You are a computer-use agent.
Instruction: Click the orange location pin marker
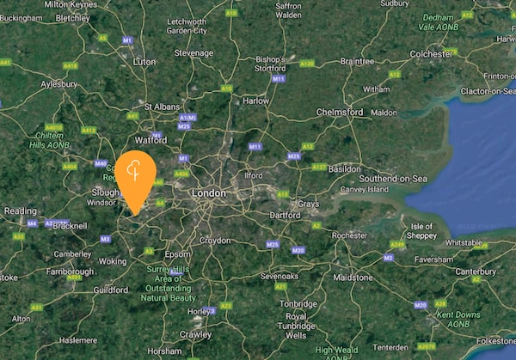tap(136, 175)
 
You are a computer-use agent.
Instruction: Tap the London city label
tap(209, 194)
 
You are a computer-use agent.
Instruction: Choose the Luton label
tap(144, 62)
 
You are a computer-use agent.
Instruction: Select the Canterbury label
tap(476, 272)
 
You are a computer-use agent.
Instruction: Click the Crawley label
tap(196, 333)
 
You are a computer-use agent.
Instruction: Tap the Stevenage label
tap(193, 52)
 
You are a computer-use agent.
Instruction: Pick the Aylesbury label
tap(60, 85)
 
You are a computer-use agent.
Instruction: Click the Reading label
tap(21, 211)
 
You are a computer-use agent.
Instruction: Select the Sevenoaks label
tap(279, 276)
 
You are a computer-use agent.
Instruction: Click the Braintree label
tap(357, 62)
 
